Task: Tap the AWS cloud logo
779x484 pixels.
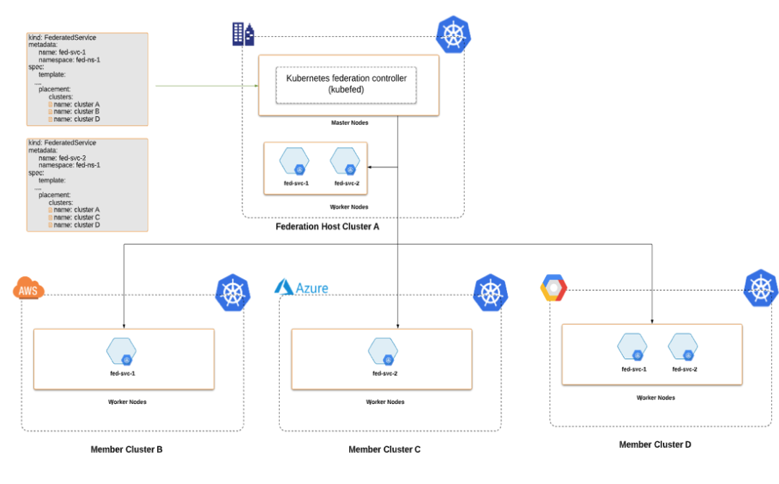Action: click(29, 290)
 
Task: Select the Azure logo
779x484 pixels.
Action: click(301, 288)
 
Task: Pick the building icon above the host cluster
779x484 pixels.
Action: click(243, 34)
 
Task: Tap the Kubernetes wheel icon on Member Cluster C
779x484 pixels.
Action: click(490, 292)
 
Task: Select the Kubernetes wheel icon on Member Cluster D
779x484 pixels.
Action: click(760, 288)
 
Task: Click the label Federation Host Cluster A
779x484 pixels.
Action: click(327, 226)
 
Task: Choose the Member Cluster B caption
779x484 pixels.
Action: click(126, 449)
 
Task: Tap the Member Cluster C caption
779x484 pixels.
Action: click(384, 449)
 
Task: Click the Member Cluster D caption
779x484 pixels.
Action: click(655, 444)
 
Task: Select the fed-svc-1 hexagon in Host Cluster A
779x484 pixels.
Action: click(295, 162)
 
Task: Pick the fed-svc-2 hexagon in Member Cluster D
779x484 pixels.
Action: click(683, 346)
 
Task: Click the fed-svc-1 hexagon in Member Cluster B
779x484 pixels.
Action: click(121, 351)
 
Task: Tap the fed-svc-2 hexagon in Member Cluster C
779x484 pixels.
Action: click(383, 351)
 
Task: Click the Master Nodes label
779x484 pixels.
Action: click(349, 123)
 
